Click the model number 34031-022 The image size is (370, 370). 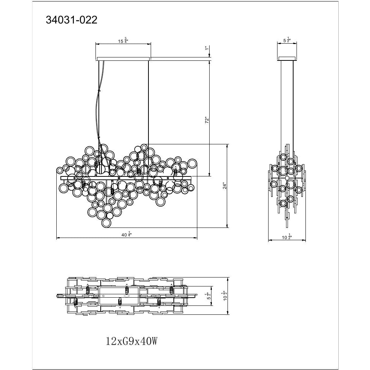[x=72, y=20]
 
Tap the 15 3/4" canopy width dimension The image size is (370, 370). [x=123, y=41]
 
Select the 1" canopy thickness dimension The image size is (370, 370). [x=207, y=48]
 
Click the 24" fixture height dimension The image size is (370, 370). [x=225, y=186]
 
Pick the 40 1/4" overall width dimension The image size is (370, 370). [x=126, y=235]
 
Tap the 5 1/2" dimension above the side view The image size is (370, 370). [x=286, y=40]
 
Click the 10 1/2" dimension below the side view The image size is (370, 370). [x=287, y=237]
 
